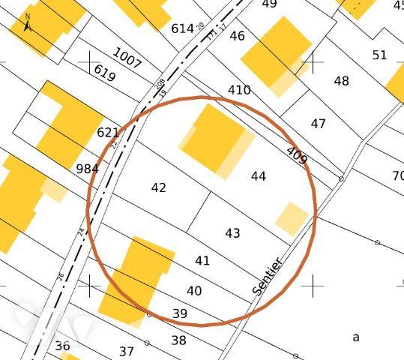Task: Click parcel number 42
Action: click(158, 187)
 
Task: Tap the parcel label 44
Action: click(259, 176)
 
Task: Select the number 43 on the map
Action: click(232, 233)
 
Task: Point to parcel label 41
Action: click(202, 261)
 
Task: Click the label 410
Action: click(239, 90)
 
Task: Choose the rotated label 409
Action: click(297, 155)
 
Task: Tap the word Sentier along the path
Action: click(268, 276)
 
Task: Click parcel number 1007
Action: click(127, 58)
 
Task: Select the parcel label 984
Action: click(88, 168)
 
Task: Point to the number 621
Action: click(108, 133)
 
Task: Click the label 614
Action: click(182, 28)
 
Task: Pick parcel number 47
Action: click(319, 124)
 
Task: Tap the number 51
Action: click(380, 55)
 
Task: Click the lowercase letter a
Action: click(356, 337)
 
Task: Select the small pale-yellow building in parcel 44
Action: click(292, 218)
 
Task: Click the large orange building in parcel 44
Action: click(214, 139)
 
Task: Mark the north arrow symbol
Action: click(27, 22)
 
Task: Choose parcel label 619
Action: click(104, 73)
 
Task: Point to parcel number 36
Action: click(62, 346)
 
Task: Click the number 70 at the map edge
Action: click(397, 176)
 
